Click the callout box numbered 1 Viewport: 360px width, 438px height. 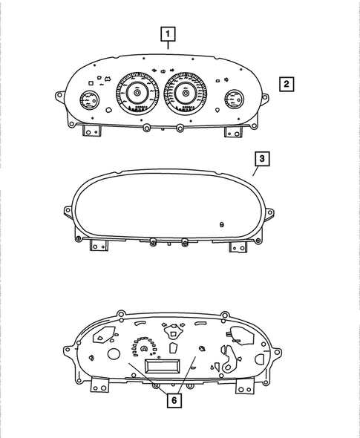tap(170, 33)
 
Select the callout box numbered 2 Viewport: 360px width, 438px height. tap(287, 83)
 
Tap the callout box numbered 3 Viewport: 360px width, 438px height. tap(261, 159)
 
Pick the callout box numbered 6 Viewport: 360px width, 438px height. tap(174, 400)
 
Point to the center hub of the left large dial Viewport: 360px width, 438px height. tap(137, 93)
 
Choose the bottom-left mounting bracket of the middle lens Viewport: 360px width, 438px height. tap(95, 246)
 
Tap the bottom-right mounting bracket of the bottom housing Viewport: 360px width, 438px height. tap(241, 386)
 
